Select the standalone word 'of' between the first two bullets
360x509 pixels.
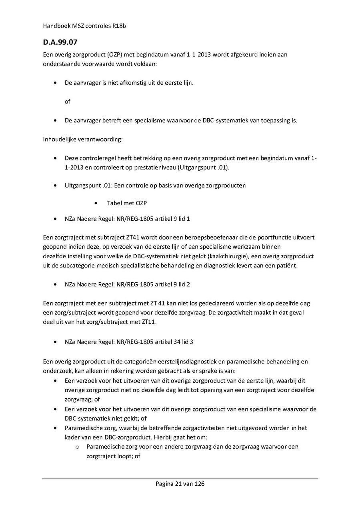tap(67, 102)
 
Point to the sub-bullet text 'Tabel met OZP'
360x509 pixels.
tap(127, 203)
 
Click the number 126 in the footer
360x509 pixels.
tap(199, 484)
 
